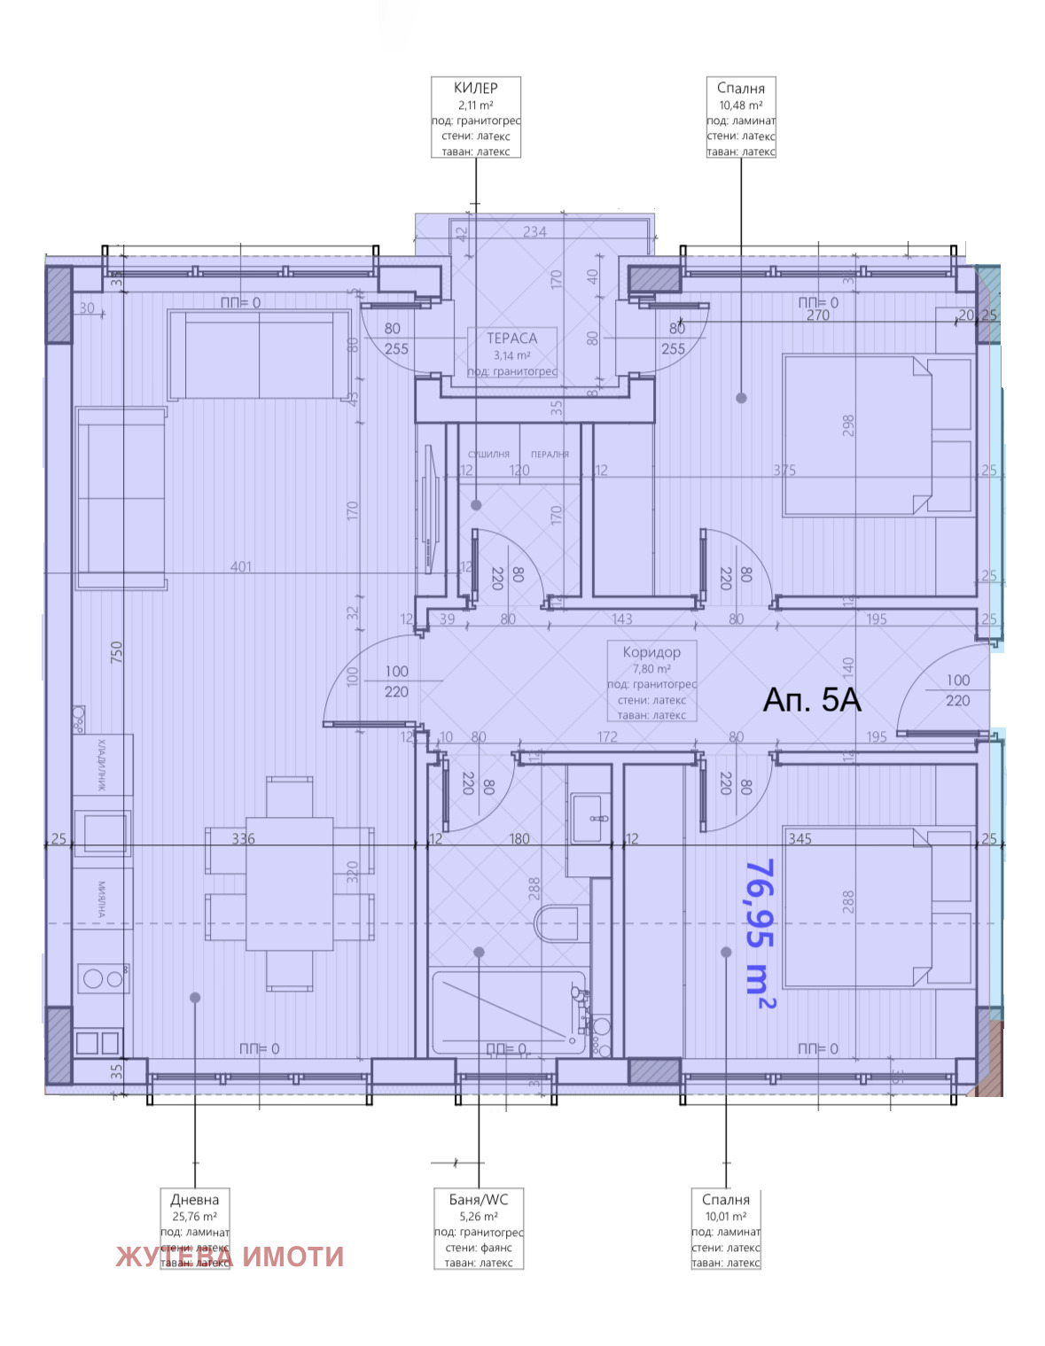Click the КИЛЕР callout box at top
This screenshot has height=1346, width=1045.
pos(475,117)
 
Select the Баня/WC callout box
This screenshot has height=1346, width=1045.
pos(479,1229)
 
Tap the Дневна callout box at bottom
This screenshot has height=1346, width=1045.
pos(195,1227)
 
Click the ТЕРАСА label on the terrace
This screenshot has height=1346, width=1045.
pos(511,338)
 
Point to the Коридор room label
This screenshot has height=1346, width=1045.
pos(651,652)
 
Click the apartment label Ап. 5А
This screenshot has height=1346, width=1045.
pos(812,700)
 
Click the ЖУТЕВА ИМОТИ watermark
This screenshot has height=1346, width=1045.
pos(230,1257)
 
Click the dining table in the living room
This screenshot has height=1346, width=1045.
pos(289,883)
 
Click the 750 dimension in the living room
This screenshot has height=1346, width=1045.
pos(116,652)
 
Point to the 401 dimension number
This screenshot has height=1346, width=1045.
pos(240,567)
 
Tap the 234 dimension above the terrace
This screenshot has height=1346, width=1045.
pos(534,232)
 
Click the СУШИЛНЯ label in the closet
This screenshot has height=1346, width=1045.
pos(488,455)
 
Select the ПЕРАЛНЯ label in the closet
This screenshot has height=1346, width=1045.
pos(550,455)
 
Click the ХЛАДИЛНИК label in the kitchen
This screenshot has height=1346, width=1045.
pos(101,764)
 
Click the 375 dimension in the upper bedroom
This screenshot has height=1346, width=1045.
pos(784,471)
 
